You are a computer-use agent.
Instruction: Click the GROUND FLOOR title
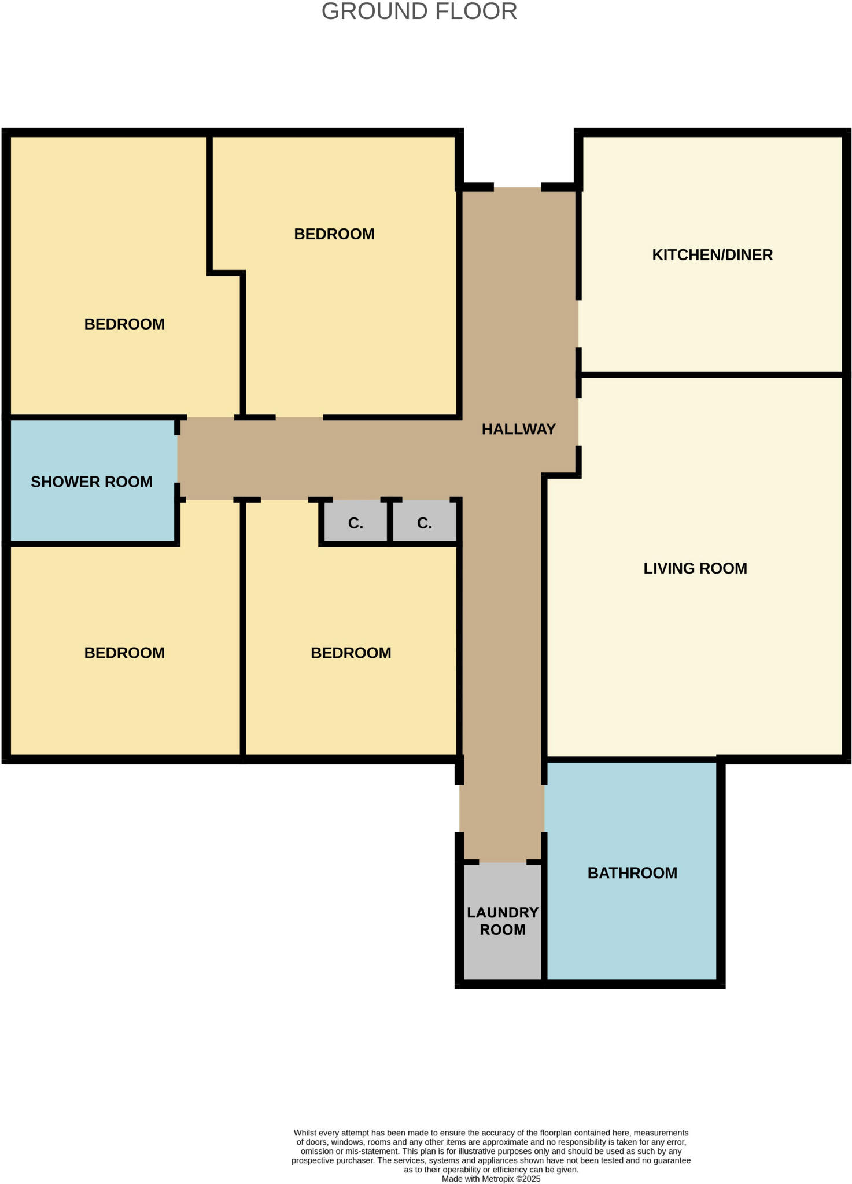pyautogui.click(x=419, y=12)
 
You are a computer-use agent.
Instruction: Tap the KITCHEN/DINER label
pyautogui.click(x=712, y=255)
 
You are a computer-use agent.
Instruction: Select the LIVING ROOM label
pyautogui.click(x=695, y=568)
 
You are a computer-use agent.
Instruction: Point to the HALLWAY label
pyautogui.click(x=518, y=429)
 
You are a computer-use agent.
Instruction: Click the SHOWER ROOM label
pyautogui.click(x=91, y=482)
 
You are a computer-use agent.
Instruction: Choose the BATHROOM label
pyautogui.click(x=632, y=873)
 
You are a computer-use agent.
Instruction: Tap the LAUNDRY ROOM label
pyautogui.click(x=502, y=921)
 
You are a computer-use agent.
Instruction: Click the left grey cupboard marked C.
pyautogui.click(x=355, y=523)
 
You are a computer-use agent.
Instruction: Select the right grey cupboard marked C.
pyautogui.click(x=424, y=523)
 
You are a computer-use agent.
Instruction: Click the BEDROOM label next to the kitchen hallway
pyautogui.click(x=334, y=234)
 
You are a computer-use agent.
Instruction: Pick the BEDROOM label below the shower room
pyautogui.click(x=124, y=653)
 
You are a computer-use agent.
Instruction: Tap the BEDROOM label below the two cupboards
pyautogui.click(x=351, y=653)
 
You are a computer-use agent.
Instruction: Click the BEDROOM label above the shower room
pyautogui.click(x=124, y=324)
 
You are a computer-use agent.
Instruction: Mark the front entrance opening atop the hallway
pyautogui.click(x=517, y=187)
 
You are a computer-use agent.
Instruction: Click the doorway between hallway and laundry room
pyautogui.click(x=502, y=862)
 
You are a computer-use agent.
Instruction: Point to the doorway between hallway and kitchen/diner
pyautogui.click(x=578, y=324)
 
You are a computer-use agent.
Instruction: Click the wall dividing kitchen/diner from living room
pyautogui.click(x=711, y=375)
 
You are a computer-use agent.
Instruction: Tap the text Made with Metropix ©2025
pyautogui.click(x=490, y=1179)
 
